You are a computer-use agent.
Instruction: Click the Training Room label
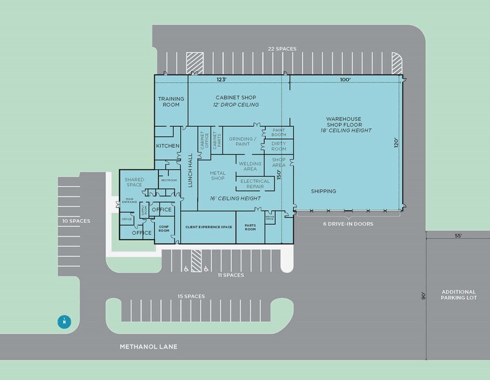click(x=171, y=101)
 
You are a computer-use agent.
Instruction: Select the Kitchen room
click(x=167, y=146)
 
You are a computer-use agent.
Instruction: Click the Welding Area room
click(x=250, y=166)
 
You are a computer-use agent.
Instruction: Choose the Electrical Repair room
click(x=254, y=184)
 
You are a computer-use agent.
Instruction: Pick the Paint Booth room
click(x=279, y=132)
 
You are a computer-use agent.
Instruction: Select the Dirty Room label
click(x=279, y=146)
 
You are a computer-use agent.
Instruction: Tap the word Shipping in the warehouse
click(x=323, y=191)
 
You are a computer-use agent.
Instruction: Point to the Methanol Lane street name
click(x=148, y=347)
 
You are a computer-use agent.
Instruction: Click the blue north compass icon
click(x=64, y=321)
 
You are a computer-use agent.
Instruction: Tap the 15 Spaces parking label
click(x=191, y=296)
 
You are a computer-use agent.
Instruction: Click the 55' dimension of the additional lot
click(x=458, y=237)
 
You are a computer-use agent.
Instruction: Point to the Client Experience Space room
click(x=208, y=227)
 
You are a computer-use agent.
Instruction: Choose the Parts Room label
click(x=250, y=227)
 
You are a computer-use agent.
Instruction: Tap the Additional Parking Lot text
click(x=458, y=295)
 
